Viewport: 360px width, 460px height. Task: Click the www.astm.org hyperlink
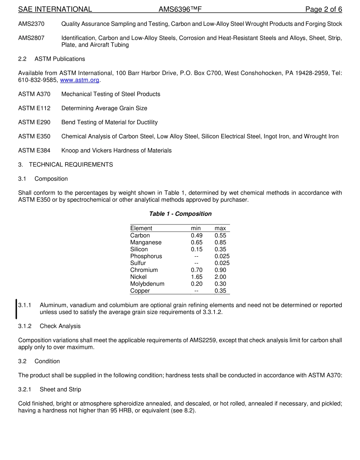pyautogui.click(x=80, y=80)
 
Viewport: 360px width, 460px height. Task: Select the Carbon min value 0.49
pyautogui.click(x=197, y=235)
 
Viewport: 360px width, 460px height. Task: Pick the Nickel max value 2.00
pyautogui.click(x=220, y=277)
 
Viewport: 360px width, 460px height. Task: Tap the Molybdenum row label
pyautogui.click(x=147, y=284)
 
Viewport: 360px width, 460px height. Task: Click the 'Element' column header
pyautogui.click(x=141, y=228)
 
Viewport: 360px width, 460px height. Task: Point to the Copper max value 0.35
pyautogui.click(x=220, y=291)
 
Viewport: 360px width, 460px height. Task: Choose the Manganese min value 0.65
pyautogui.click(x=197, y=242)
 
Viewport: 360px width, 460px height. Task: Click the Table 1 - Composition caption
pyautogui.click(x=180, y=214)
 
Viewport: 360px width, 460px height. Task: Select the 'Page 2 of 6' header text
pyautogui.click(x=324, y=9)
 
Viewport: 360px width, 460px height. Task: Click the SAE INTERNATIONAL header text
pyautogui.click(x=55, y=9)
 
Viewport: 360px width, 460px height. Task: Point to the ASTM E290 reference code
pyautogui.click(x=34, y=122)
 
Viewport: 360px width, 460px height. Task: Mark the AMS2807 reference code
pyautogui.click(x=31, y=38)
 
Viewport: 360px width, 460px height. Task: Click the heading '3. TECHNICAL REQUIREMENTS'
pyautogui.click(x=66, y=165)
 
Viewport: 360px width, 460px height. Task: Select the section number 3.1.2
pyautogui.click(x=25, y=326)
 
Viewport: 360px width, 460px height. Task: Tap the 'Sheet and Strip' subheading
pyautogui.click(x=60, y=389)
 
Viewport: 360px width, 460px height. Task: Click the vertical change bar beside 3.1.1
pyautogui.click(x=16, y=309)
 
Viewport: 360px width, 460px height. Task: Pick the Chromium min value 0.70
pyautogui.click(x=197, y=270)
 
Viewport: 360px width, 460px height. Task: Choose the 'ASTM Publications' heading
pyautogui.click(x=59, y=59)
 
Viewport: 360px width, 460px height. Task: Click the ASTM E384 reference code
pyautogui.click(x=34, y=151)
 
